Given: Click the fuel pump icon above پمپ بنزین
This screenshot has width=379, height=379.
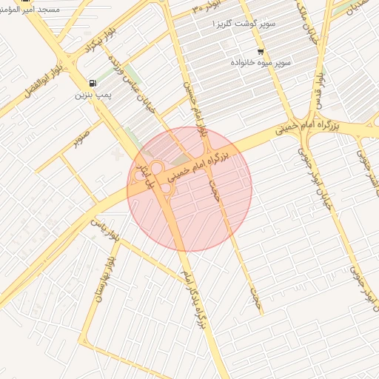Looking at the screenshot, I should pyautogui.click(x=91, y=84).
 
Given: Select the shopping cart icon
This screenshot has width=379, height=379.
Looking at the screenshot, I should pyautogui.click(x=261, y=52).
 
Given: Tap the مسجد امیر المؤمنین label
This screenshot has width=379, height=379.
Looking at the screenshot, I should pyautogui.click(x=32, y=12).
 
